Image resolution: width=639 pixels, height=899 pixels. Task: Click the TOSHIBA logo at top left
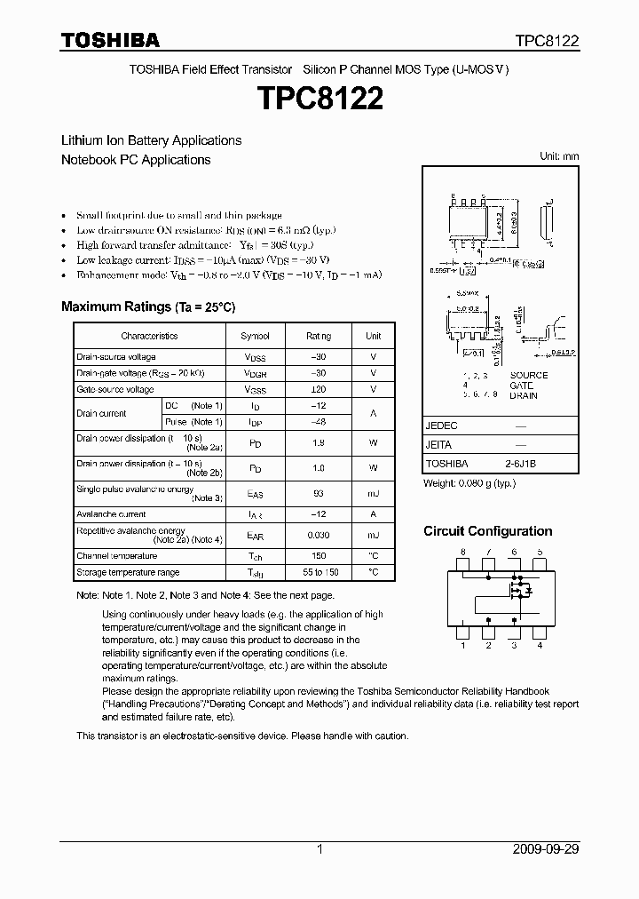click(110, 40)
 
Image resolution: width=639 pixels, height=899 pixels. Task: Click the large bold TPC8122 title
click(319, 99)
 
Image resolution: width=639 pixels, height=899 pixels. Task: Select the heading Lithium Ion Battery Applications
click(151, 140)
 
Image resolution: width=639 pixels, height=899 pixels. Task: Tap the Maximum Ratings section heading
click(148, 306)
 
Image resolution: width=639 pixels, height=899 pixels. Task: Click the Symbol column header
click(255, 337)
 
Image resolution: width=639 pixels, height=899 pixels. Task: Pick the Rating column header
click(319, 337)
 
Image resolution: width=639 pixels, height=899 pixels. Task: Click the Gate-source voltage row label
click(115, 390)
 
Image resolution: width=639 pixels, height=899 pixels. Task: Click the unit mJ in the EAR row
click(374, 536)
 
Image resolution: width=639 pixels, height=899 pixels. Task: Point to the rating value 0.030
click(319, 536)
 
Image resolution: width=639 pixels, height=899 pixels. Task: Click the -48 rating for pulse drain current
click(319, 422)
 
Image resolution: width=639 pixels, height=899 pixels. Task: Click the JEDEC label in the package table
click(441, 426)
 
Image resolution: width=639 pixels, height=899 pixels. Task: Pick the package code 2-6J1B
click(520, 464)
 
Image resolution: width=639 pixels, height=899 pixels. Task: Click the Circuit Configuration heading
click(487, 531)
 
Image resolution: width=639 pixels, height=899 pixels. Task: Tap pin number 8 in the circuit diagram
click(462, 553)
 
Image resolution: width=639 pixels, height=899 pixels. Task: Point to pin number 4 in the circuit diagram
click(540, 646)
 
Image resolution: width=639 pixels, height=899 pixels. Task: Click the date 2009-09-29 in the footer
click(546, 849)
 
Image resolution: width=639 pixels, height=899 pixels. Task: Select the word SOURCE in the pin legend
click(529, 375)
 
